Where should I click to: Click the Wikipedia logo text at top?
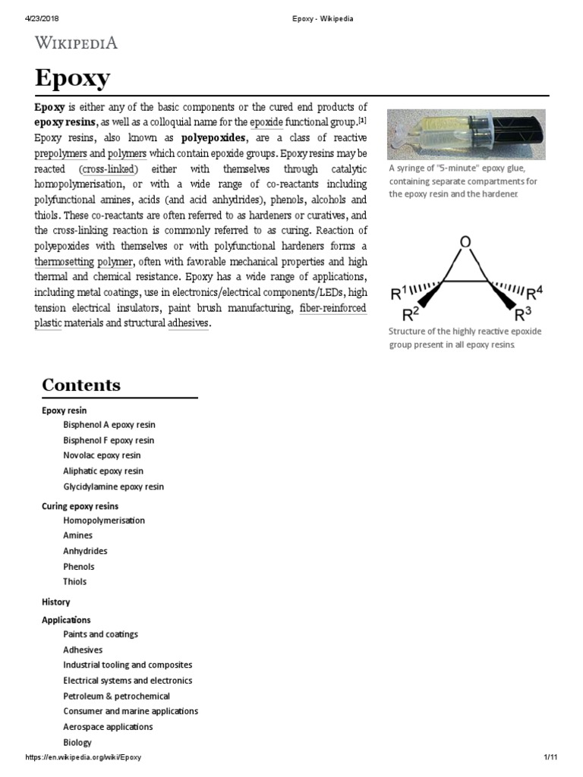[x=76, y=42]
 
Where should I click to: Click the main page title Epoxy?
[x=72, y=78]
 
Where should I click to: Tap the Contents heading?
[x=81, y=385]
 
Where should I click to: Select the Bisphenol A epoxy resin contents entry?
[x=109, y=425]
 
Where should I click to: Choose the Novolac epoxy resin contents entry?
[x=102, y=455]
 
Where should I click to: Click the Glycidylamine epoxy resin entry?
[x=113, y=486]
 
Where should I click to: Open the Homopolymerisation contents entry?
[x=104, y=521]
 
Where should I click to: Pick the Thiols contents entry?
[x=74, y=582]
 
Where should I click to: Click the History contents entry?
[x=55, y=602]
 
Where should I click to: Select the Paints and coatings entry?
[x=100, y=634]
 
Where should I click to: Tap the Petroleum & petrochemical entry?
[x=116, y=696]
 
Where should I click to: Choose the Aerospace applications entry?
[x=108, y=727]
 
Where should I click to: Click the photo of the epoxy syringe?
[x=465, y=134]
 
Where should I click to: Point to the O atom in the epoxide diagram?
[x=465, y=242]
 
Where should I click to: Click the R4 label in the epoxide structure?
[x=534, y=293]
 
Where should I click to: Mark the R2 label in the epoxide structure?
[x=411, y=313]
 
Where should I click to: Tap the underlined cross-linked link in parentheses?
[x=108, y=168]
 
